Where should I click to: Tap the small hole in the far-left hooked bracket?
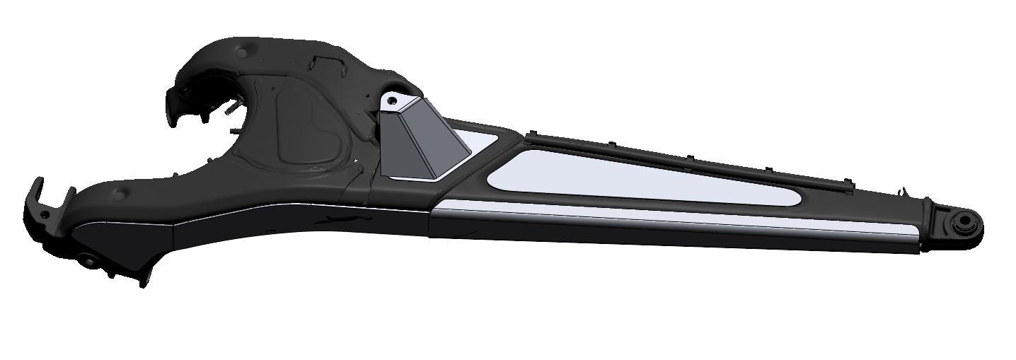44,214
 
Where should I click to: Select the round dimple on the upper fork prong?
243,52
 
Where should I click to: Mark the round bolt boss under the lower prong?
89,260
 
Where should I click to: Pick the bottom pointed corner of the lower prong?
146,283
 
